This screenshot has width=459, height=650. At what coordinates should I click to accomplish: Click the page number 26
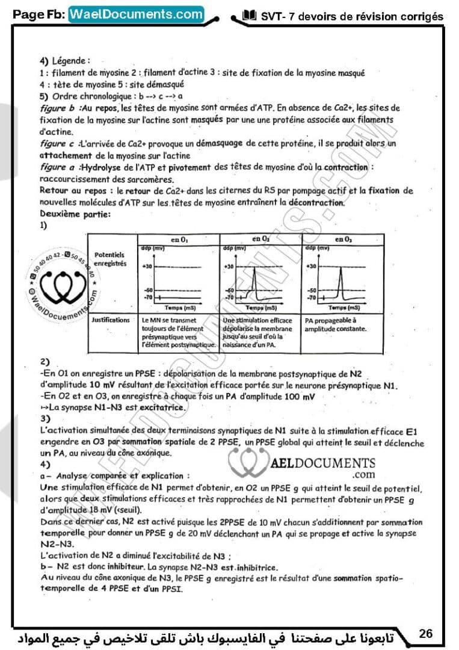coord(426,633)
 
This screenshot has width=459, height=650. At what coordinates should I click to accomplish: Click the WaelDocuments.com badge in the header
coord(136,14)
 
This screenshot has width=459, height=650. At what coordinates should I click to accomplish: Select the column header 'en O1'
coord(179,240)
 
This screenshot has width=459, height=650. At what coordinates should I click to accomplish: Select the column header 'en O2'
coord(260,240)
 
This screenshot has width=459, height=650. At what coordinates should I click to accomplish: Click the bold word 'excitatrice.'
coord(159,407)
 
